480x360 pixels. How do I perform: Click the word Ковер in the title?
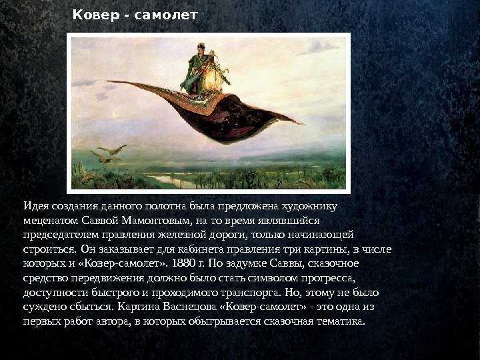[x=95, y=15]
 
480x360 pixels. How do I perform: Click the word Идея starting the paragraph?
[x=36, y=206]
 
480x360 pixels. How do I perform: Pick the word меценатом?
[x=51, y=221]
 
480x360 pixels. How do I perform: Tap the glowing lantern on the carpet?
[x=213, y=80]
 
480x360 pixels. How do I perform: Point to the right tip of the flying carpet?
[x=303, y=124]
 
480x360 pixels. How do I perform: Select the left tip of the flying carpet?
[x=107, y=81]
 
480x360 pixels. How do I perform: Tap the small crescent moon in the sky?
[x=115, y=115]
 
